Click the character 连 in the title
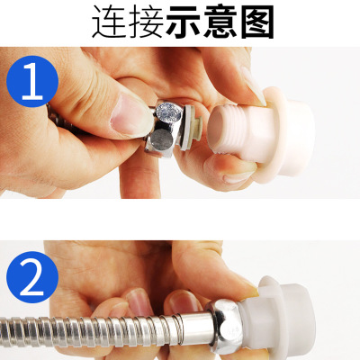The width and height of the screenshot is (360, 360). point(110,22)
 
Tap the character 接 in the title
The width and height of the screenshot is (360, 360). point(146,22)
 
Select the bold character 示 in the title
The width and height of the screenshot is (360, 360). point(183,22)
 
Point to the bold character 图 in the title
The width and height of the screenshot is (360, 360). point(257,22)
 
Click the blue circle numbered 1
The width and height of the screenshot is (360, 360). point(32,81)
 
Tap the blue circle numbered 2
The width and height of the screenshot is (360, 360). point(32,277)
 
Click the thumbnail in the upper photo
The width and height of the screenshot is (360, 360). point(130,113)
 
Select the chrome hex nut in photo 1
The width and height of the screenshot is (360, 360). point(164,128)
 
